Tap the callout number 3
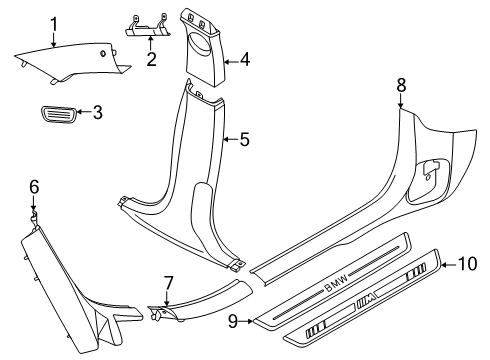pyautogui.click(x=97, y=113)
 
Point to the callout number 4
pyautogui.click(x=244, y=60)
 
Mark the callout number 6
pyautogui.click(x=33, y=185)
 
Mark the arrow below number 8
pyautogui.click(x=401, y=100)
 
